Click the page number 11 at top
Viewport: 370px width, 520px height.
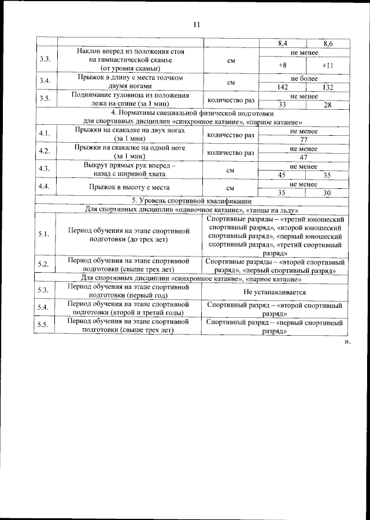(x=196, y=24)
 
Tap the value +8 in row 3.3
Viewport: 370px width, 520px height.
(x=283, y=65)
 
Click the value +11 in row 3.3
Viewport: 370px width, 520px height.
(x=328, y=65)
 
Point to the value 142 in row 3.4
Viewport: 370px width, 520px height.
(x=283, y=87)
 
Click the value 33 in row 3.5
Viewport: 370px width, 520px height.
(x=283, y=105)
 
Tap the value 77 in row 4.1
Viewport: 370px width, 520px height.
(x=304, y=140)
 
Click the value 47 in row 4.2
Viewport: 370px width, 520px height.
(x=304, y=157)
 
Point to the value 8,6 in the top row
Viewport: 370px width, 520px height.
(x=328, y=43)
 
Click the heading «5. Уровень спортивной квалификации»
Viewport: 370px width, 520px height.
(x=190, y=200)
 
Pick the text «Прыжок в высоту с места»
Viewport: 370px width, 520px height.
(x=129, y=188)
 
